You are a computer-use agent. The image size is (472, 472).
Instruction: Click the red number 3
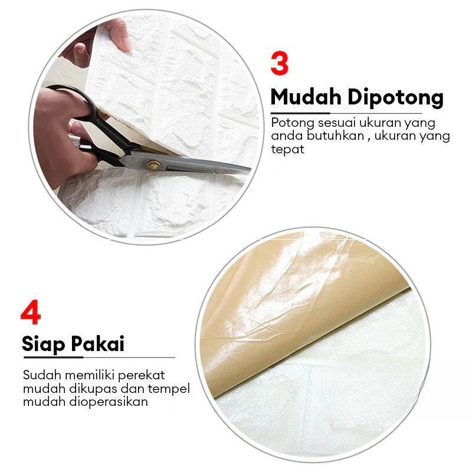pos(279,64)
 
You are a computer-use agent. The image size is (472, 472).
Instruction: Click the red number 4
pos(30,313)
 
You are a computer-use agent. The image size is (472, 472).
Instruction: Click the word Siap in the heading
pos(44,344)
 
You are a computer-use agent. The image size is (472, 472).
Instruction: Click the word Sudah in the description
pos(40,375)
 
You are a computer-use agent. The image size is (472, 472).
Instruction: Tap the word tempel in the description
pos(147,389)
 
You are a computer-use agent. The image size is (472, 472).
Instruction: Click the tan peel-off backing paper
pos(283,307)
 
